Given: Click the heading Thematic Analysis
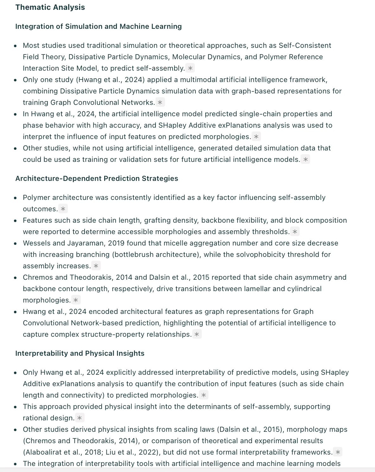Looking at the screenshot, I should pos(50,7).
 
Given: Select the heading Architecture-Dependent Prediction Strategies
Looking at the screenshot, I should pos(97,178).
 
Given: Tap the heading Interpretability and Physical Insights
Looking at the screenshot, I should pos(80,353).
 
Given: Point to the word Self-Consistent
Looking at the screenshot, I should pos(305,45).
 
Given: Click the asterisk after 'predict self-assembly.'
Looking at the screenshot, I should pos(190,68).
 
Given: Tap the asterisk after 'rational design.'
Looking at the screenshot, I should pos(79,418).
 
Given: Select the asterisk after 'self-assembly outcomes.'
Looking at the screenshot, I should pos(63,209).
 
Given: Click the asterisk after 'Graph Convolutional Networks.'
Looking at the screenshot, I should pos(160,102).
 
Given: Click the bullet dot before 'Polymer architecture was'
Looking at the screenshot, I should pos(16,198).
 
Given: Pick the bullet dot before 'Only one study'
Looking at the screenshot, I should pos(16,80).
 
